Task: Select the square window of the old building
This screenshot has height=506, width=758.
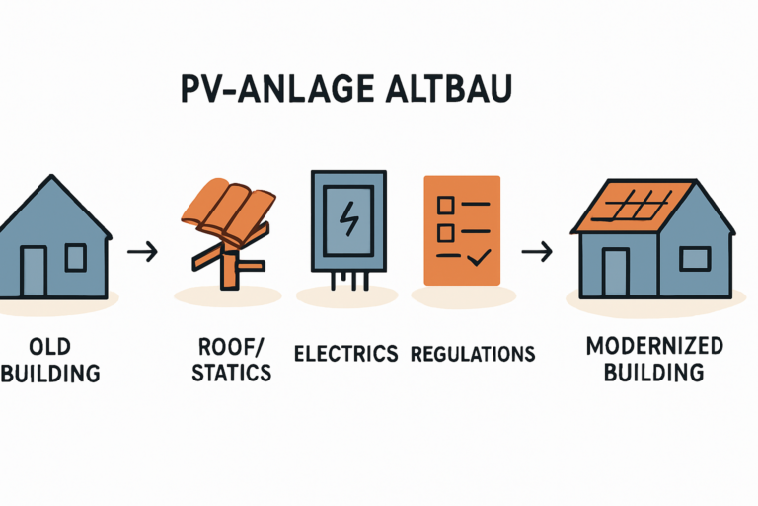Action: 75,257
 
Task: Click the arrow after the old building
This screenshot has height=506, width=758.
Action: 142,252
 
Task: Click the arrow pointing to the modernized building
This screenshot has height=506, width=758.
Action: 536,252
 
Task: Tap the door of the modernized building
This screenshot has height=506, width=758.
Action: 615,271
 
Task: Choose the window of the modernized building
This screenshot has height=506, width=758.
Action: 694,259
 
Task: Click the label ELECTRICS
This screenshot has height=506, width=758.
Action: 346,353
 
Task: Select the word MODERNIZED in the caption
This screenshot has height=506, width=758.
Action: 654,347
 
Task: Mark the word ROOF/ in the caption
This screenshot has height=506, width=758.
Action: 228,347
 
